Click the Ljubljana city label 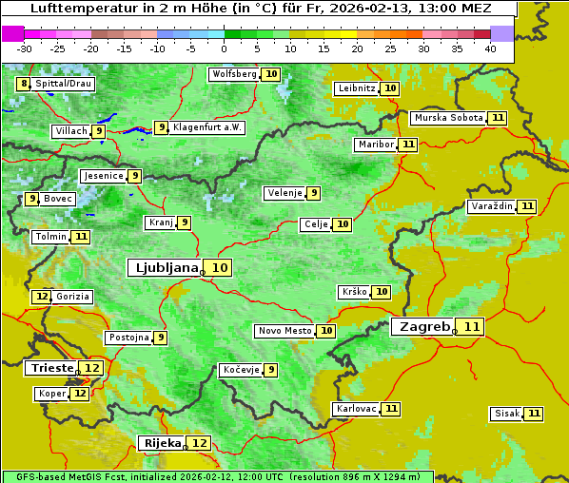[x=165, y=268]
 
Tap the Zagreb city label [x=424, y=327]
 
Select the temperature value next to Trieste [x=92, y=368]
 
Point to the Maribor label [x=374, y=145]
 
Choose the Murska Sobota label [x=447, y=118]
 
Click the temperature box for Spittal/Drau [x=24, y=84]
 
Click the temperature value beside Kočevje [x=271, y=370]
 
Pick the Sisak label [x=507, y=414]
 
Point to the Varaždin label [x=492, y=206]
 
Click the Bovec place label [x=58, y=199]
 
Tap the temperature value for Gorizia [x=41, y=297]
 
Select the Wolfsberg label [x=233, y=74]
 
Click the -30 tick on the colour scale [x=25, y=48]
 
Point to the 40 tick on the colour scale [x=490, y=48]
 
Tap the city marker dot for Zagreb [x=455, y=332]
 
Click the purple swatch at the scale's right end [x=501, y=33]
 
